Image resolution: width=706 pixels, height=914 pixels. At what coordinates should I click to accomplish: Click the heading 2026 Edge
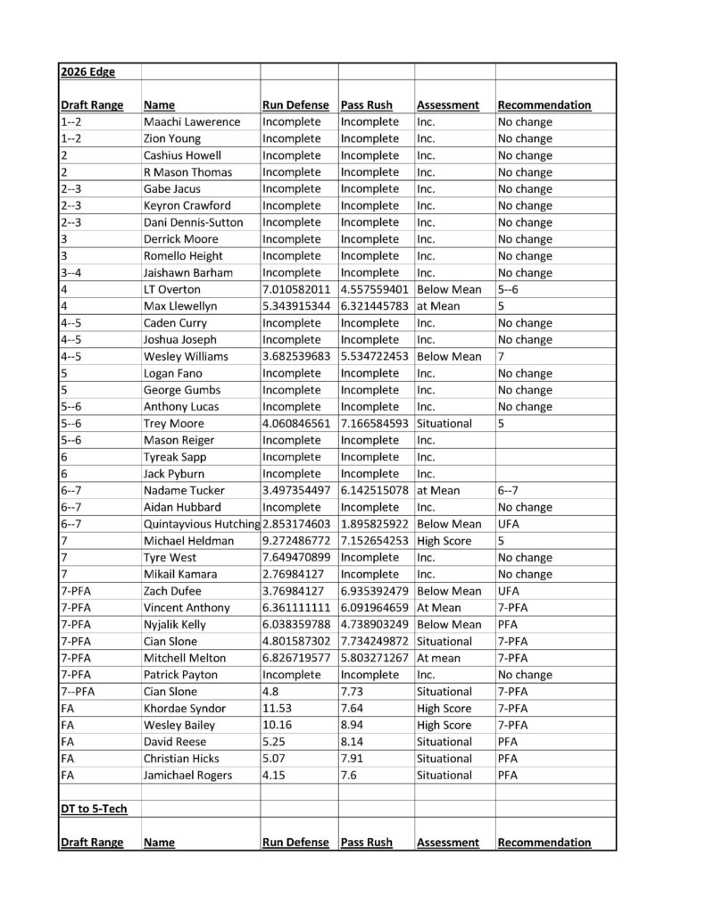click(87, 71)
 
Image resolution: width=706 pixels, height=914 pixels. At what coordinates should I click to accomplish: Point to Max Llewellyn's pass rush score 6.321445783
click(375, 306)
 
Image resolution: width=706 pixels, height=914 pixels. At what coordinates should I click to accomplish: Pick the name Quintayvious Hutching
click(201, 524)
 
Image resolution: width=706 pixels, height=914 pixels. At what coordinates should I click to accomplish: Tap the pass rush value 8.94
click(354, 725)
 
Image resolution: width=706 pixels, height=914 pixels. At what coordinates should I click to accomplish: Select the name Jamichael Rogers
click(187, 775)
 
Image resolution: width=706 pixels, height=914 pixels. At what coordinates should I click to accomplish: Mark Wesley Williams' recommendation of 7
click(501, 356)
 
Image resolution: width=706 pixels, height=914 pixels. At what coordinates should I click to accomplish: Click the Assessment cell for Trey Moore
click(444, 423)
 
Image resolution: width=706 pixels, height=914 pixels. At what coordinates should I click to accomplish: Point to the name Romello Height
click(184, 255)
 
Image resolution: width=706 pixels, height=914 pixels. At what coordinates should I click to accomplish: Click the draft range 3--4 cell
click(73, 272)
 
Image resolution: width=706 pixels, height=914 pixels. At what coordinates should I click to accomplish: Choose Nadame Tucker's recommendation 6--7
click(507, 490)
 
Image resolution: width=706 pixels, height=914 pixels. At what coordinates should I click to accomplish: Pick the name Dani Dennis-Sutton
click(193, 222)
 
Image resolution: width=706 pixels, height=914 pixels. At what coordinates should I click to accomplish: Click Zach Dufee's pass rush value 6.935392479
click(375, 591)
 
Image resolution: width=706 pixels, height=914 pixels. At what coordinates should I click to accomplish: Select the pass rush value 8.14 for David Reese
click(354, 742)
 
